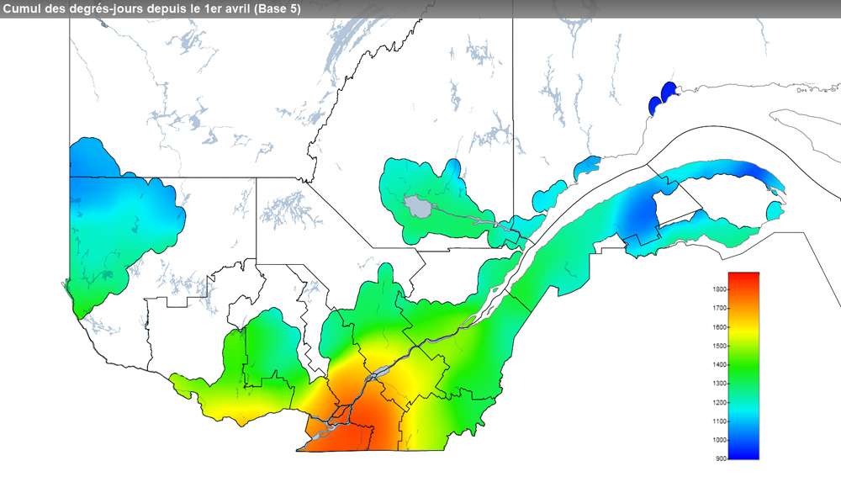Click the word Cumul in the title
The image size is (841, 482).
pyautogui.click(x=23, y=8)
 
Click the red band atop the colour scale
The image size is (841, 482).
pyautogui.click(x=743, y=281)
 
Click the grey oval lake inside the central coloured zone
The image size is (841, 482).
pyautogui.click(x=415, y=205)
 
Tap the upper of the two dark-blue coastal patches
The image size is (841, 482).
pyautogui.click(x=669, y=91)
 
